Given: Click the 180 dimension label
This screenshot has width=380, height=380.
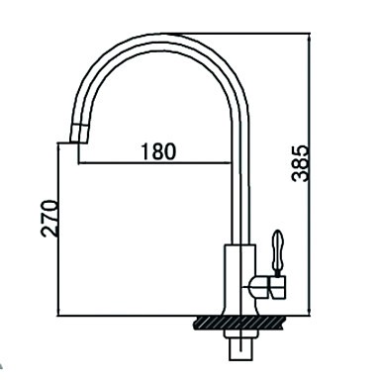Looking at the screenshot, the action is pyautogui.click(x=158, y=151).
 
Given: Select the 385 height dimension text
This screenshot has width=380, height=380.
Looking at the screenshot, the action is pyautogui.click(x=301, y=163).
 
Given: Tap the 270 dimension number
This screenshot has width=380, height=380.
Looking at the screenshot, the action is pyautogui.click(x=48, y=218).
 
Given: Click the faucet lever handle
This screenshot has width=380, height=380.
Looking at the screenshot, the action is pyautogui.click(x=278, y=249).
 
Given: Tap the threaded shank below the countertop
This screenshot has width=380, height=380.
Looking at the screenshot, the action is pyautogui.click(x=241, y=349).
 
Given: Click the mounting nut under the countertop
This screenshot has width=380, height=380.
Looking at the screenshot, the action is pyautogui.click(x=240, y=333).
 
